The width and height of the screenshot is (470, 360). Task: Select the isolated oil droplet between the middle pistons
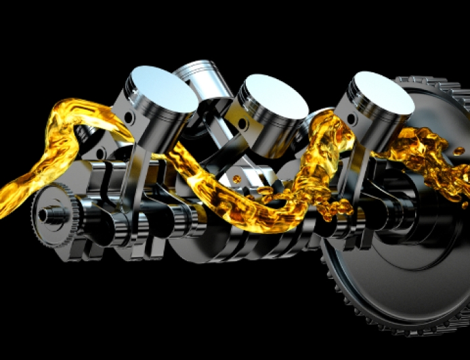[x=236, y=179]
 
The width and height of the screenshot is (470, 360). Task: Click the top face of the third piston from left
[x=274, y=95]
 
